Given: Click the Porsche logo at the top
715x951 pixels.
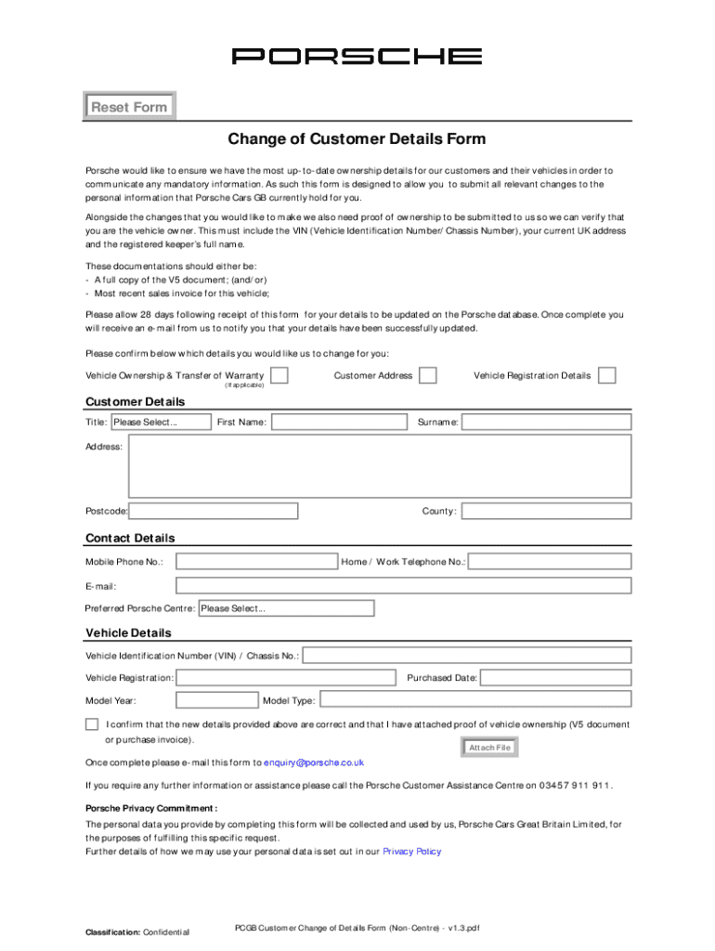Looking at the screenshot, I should [x=357, y=57].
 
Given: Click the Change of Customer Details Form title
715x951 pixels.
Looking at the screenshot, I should [x=357, y=140].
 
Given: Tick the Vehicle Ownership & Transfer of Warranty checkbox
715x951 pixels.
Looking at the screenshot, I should [x=279, y=375].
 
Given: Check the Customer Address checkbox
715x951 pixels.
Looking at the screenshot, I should [x=427, y=375].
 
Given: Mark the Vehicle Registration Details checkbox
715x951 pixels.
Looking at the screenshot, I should [x=606, y=375].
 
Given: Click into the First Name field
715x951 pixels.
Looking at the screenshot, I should [x=338, y=423].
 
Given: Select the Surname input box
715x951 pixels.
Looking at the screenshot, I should [x=546, y=423].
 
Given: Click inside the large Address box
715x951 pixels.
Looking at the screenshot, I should [x=381, y=465].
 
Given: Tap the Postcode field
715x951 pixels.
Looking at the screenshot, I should [x=214, y=511].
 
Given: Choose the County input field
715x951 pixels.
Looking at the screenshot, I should [x=546, y=511].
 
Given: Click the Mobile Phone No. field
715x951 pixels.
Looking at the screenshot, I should [x=256, y=562].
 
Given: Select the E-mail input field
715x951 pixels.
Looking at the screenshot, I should [x=403, y=586].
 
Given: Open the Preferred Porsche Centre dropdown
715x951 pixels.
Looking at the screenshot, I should [x=279, y=608].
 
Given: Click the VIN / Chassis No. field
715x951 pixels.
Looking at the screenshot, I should [x=467, y=656].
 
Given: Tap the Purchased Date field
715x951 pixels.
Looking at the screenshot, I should [x=555, y=678].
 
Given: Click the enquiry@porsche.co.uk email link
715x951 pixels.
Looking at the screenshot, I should [x=314, y=762].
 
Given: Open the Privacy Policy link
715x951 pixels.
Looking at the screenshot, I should [x=411, y=851].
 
